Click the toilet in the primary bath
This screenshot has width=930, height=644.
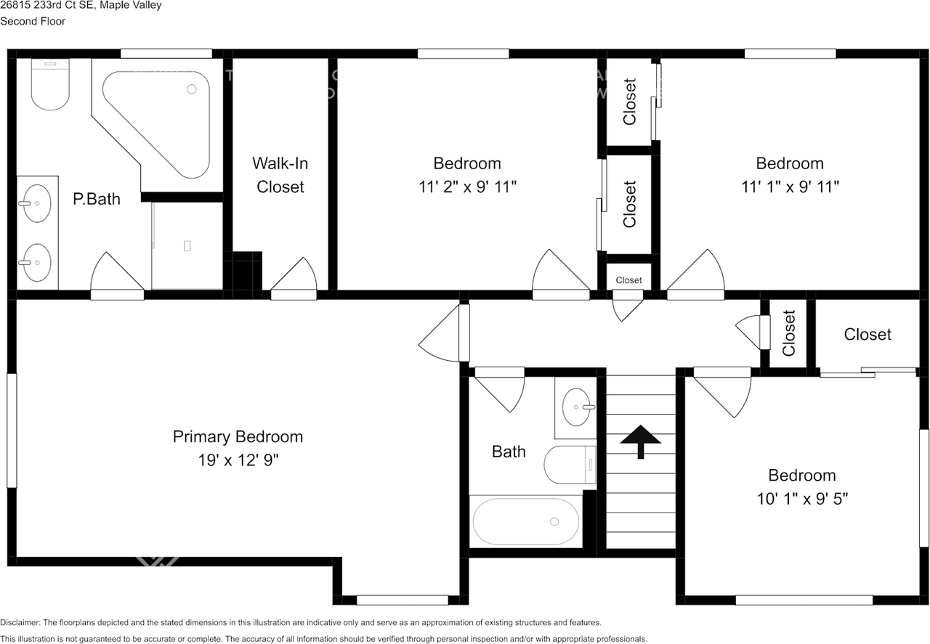point(50,86)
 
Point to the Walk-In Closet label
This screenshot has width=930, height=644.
point(280,175)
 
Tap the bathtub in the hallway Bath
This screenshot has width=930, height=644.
point(525,521)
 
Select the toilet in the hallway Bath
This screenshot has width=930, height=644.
point(570,465)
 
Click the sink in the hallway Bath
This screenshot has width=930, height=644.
point(579,407)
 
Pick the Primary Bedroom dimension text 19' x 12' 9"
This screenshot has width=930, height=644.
point(238,460)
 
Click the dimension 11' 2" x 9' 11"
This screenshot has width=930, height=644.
point(467,187)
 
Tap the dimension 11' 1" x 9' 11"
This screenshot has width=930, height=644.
point(790,187)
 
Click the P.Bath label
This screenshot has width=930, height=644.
point(97,198)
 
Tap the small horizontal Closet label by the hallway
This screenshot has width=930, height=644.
point(628,280)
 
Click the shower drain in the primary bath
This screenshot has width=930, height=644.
point(187,245)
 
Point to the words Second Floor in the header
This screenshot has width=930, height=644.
point(33,21)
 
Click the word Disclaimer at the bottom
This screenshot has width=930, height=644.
point(20,623)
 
